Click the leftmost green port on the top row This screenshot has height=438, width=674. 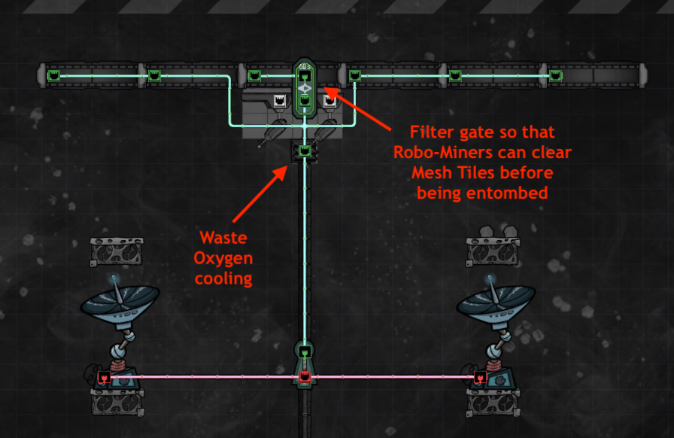[53, 76]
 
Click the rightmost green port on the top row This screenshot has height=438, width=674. [555, 76]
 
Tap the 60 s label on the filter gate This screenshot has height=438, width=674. [305, 67]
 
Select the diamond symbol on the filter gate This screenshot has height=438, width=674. [305, 89]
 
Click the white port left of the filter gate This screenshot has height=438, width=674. [280, 101]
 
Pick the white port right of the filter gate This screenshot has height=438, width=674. [329, 101]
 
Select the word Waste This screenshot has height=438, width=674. [223, 238]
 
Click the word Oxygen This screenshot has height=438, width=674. [223, 259]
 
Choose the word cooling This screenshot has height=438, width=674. [223, 278]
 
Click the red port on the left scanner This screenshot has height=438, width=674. [104, 377]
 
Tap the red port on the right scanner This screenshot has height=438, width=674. [480, 378]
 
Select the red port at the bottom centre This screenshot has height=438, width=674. [305, 377]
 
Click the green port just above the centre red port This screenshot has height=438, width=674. [305, 352]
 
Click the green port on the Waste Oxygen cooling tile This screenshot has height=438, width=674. [305, 151]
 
